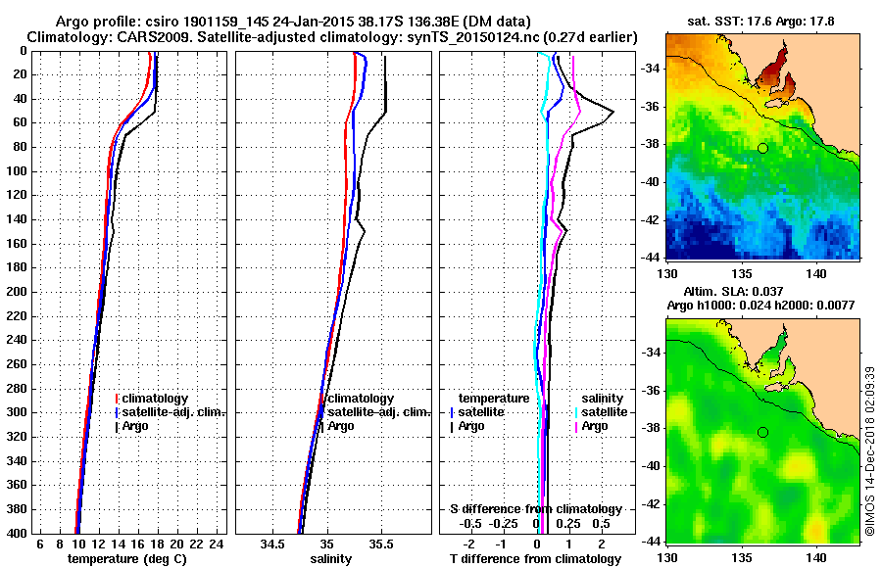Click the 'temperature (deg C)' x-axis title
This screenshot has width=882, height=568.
pyautogui.click(x=126, y=559)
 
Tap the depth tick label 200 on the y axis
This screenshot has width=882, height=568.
pyautogui.click(x=15, y=292)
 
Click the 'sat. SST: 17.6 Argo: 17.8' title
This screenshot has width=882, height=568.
pyautogui.click(x=759, y=22)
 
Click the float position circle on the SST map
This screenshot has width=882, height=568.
pyautogui.click(x=762, y=148)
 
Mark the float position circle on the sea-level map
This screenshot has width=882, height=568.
pyautogui.click(x=762, y=432)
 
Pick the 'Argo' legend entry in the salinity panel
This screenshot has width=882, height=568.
pyautogui.click(x=341, y=426)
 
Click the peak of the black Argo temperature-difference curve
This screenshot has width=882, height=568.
pyautogui.click(x=612, y=114)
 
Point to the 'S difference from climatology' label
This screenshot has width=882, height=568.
pyautogui.click(x=536, y=509)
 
